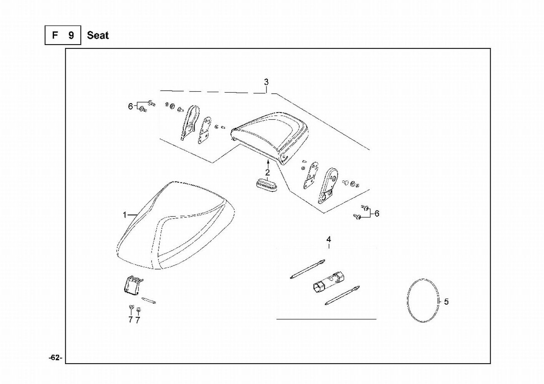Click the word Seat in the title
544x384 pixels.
point(98,36)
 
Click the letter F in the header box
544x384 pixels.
point(55,36)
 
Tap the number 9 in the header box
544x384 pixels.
point(71,36)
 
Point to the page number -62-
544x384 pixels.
point(55,358)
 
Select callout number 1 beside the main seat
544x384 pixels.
point(125,215)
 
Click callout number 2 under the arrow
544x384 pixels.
point(267,173)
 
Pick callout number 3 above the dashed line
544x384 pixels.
point(266,82)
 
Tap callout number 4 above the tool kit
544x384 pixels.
point(329,240)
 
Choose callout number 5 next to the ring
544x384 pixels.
point(446,302)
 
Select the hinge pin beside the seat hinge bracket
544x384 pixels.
point(148,301)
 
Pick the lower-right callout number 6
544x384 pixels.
point(377,214)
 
